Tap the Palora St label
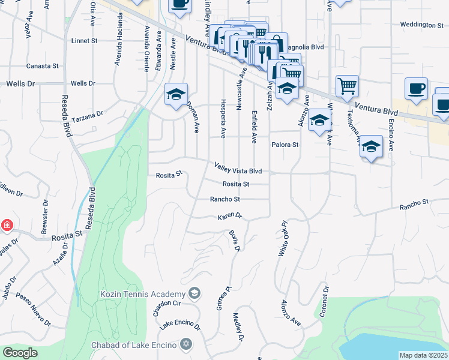[285, 145]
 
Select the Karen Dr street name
[229, 215]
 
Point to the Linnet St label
[84, 41]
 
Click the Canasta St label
[42, 66]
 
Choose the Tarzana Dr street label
[88, 116]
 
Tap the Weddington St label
[421, 25]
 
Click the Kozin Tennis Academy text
[142, 294]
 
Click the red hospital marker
[7, 226]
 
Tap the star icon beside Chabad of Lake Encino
[186, 344]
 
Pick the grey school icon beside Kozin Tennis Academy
[194, 293]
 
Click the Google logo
[20, 353]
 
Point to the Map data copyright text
[423, 355]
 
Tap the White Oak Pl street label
[283, 239]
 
